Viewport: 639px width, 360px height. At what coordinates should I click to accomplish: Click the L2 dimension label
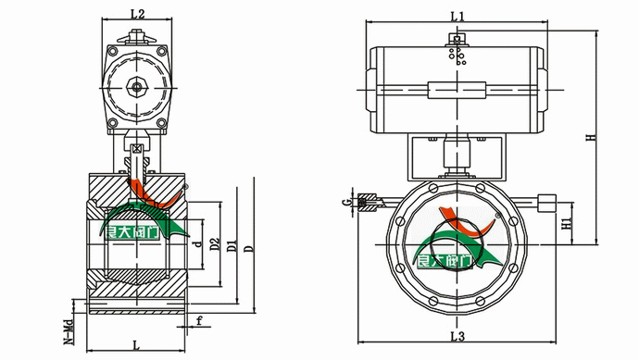point(137,14)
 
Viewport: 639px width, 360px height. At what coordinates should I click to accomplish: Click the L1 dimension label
point(457,17)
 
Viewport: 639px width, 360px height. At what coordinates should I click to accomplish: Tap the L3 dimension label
point(457,336)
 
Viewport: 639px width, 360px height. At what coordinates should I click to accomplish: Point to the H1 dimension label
point(567,223)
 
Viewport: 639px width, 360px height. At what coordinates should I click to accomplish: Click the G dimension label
point(346,202)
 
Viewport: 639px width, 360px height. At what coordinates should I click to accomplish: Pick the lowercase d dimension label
point(198,244)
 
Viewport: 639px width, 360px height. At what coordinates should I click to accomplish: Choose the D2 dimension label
point(214,244)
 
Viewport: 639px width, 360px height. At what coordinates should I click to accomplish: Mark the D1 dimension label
point(232,245)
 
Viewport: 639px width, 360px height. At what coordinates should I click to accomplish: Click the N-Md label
point(69,330)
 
